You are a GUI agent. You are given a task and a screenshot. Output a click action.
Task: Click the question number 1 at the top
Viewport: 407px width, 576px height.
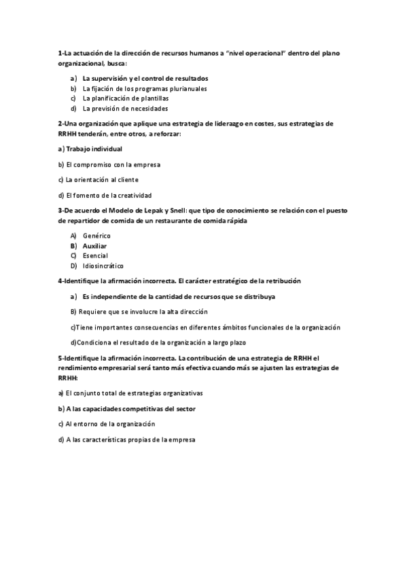(60, 53)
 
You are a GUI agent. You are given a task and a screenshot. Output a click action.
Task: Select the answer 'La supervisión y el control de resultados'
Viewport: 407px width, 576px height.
(145, 79)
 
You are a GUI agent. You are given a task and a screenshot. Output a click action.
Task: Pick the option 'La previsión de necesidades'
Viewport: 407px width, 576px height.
(125, 108)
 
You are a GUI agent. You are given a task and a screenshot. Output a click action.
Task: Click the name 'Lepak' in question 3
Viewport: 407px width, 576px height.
(137, 211)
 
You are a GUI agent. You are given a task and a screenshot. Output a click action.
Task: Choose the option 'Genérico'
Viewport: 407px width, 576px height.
(96, 236)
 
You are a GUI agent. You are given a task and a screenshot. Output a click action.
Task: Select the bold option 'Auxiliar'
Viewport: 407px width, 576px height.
(94, 246)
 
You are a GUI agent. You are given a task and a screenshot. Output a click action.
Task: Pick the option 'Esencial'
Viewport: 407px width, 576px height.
(95, 255)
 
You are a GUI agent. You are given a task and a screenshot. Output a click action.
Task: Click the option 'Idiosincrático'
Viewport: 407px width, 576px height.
(103, 266)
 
